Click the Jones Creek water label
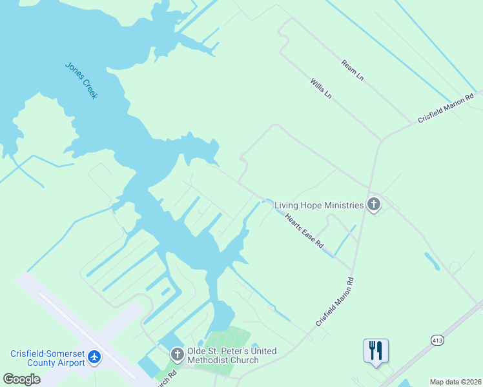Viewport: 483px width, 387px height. coord(81,80)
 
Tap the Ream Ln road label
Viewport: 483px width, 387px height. coord(353,70)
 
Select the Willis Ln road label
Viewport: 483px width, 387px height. coord(320,88)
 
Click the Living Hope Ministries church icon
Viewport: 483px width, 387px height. coord(373,205)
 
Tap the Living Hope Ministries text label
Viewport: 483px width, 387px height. coord(319,205)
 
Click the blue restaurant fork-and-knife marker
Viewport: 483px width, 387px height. coord(376,351)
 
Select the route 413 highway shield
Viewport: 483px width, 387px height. coord(437,339)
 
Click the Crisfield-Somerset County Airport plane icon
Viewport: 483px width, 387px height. coord(95,357)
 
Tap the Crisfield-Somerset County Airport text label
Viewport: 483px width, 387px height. coord(47,358)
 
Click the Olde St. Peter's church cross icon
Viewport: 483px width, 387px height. coord(178,354)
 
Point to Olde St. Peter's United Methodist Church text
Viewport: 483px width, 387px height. coord(232,355)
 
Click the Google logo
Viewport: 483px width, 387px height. coord(21,379)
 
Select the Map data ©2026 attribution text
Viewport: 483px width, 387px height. coord(456,382)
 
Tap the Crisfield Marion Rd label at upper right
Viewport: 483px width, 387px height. coord(446,108)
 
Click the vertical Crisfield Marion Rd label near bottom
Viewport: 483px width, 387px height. coord(335,301)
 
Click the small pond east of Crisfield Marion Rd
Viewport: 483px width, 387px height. coord(432,261)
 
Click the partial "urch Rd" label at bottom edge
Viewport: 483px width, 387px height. coord(166,379)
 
